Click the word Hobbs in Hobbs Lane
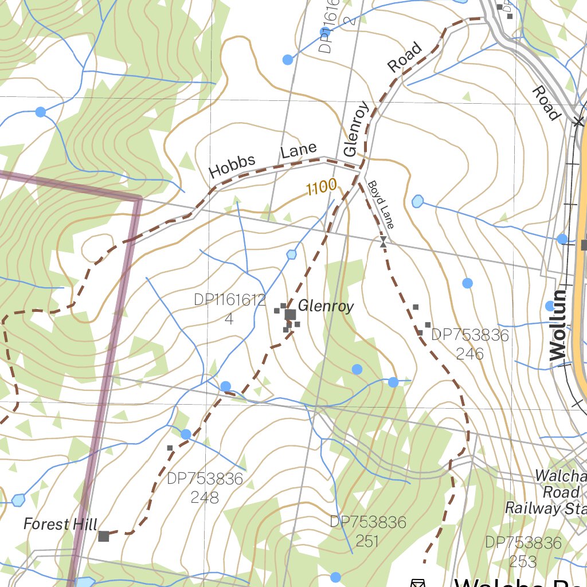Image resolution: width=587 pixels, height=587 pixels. pos(232,166)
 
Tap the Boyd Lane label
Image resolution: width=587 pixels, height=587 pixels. pos(381,205)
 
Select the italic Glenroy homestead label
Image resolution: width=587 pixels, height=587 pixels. pos(326,307)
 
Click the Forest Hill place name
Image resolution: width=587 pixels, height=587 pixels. pos(60,524)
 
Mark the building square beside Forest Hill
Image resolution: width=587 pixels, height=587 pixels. pos(104,536)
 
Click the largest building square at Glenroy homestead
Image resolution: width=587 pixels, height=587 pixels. pos(290,314)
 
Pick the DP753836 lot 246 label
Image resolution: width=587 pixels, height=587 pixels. pos(470,344)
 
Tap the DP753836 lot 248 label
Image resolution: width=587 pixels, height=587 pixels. pos(205,488)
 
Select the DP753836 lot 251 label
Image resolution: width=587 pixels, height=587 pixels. pos(367,531)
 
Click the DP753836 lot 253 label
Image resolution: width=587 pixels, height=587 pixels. pos(523,551)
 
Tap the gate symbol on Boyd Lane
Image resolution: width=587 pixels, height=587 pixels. pos(383,242)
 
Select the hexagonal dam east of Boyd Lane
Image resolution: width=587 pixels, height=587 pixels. pos(417,201)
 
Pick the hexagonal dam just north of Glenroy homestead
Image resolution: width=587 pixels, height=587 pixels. pos(291,254)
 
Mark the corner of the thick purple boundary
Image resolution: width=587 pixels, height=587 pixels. pos(138,199)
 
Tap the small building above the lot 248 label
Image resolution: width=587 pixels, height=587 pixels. pos(170,448)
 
